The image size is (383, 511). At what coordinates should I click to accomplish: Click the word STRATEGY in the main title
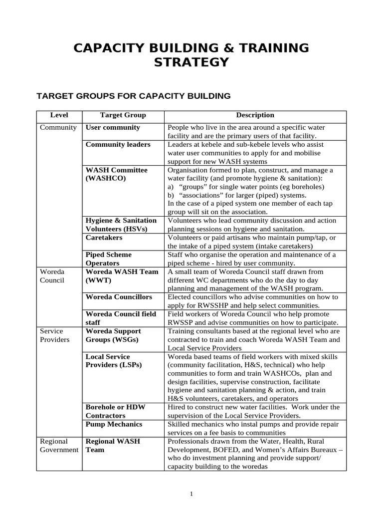coord(191,62)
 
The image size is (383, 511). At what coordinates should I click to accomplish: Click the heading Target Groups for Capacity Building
coord(134,95)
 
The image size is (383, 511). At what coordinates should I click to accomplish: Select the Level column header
coord(59,115)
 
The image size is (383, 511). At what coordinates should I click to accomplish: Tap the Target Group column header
coord(123,115)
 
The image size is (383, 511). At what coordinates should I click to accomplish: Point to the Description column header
coord(255,115)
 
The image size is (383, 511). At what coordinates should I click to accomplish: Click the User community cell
coord(113,127)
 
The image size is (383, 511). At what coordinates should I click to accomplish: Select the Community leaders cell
coord(118,144)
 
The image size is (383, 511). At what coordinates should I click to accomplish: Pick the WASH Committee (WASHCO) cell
coord(117,174)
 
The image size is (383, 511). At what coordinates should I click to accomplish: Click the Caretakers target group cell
coord(104,238)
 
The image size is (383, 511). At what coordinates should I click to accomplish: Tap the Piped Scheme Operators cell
coord(109,258)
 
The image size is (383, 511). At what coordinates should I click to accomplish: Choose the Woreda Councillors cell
coord(119,297)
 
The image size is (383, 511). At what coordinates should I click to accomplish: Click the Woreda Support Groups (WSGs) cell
coord(113,335)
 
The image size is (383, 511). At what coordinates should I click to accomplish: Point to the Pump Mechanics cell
coord(114,424)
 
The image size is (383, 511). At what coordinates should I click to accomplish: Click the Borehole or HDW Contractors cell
coord(116,411)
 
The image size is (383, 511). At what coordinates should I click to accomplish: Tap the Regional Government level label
coord(59,446)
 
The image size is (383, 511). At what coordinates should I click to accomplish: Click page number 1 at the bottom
coord(191,494)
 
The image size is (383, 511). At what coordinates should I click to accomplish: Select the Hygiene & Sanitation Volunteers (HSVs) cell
coord(121,225)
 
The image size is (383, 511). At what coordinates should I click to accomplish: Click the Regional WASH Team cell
coord(113,446)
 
